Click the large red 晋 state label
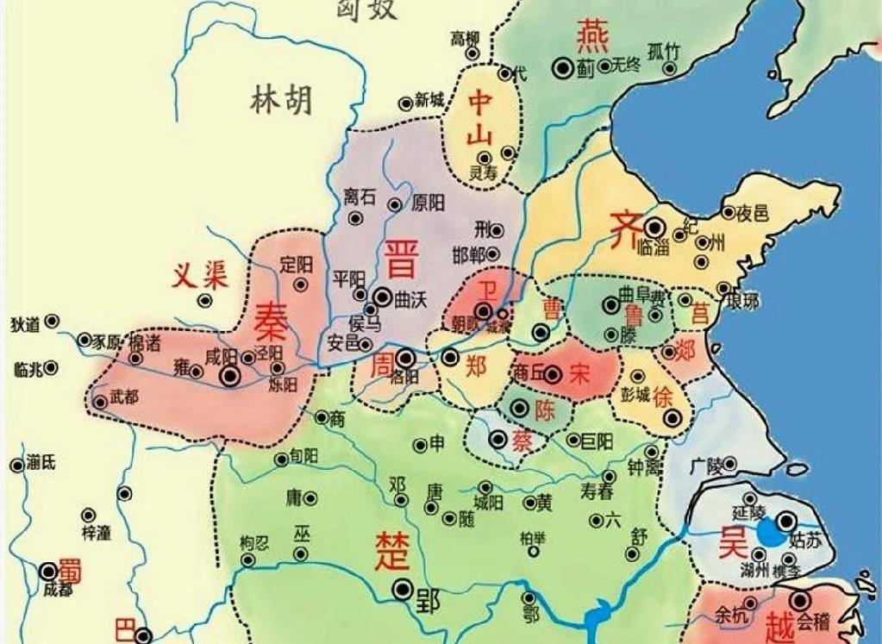pos(403,258)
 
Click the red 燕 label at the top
pos(592,36)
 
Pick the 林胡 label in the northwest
pos(282,101)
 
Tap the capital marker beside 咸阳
pos(230,375)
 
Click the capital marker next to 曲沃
pos(382,295)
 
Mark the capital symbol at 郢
pos(402,589)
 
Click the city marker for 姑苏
pos(785,520)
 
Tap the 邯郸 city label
pos(468,254)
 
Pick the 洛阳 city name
pos(404,377)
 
